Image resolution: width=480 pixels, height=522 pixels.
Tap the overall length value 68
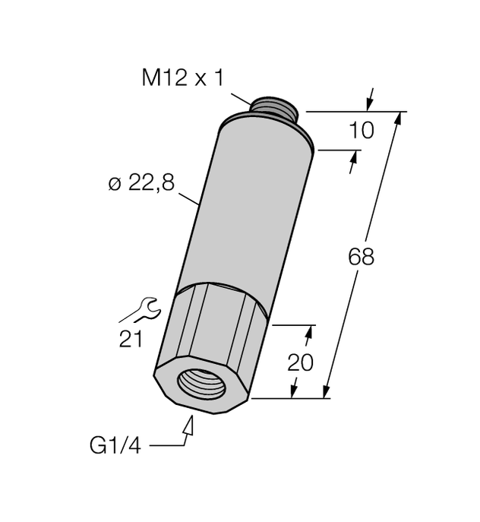(361, 257)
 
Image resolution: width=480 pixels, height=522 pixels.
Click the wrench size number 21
(131, 339)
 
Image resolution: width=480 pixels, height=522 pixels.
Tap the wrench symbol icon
(144, 308)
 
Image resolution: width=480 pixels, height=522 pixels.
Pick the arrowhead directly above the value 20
(308, 334)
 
